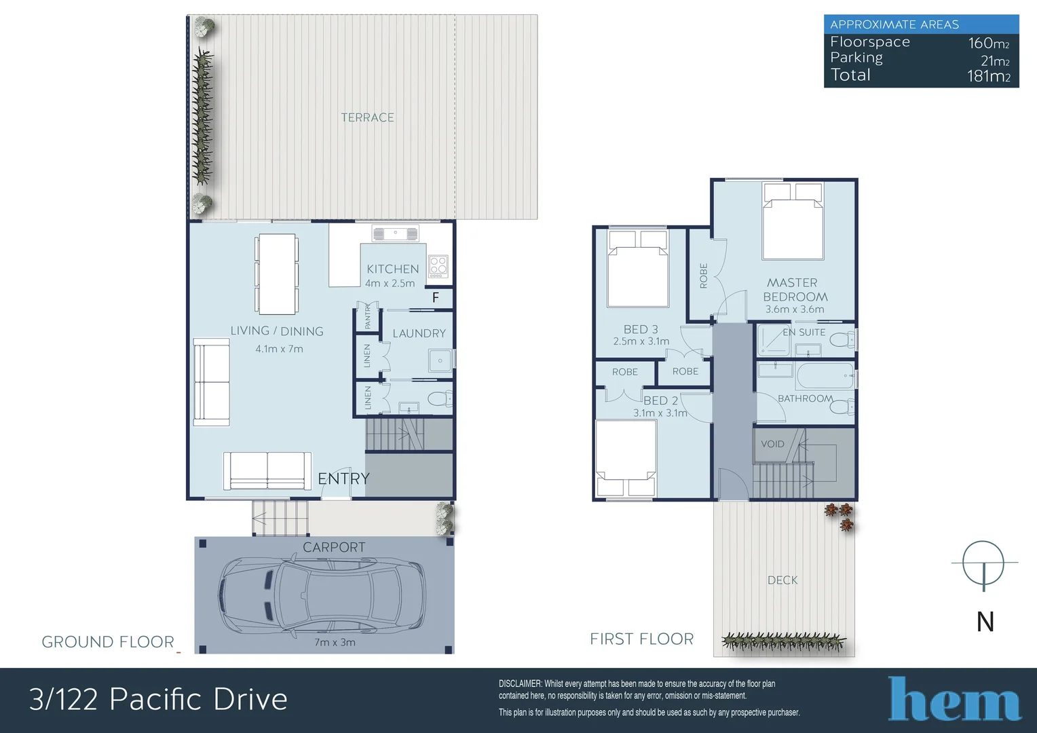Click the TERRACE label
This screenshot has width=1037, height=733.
click(x=367, y=117)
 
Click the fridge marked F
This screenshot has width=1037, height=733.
click(x=436, y=297)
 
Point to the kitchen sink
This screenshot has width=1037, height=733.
click(x=396, y=234)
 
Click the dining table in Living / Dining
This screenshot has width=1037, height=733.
click(x=277, y=274)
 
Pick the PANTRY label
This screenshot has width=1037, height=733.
click(x=368, y=316)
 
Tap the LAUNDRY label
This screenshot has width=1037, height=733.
click(x=419, y=333)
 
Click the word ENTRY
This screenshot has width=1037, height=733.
click(x=343, y=478)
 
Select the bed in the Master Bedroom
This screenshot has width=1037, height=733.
click(x=793, y=221)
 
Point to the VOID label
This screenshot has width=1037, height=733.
click(x=772, y=444)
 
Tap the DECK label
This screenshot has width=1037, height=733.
click(x=783, y=580)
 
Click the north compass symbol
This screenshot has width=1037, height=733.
click(x=983, y=563)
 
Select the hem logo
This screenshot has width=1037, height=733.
click(x=954, y=699)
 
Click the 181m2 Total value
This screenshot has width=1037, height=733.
click(x=988, y=76)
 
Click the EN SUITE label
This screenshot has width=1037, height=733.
click(x=804, y=332)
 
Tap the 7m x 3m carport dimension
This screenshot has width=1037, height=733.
click(x=335, y=642)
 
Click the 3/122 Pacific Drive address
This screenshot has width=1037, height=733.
click(x=158, y=699)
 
